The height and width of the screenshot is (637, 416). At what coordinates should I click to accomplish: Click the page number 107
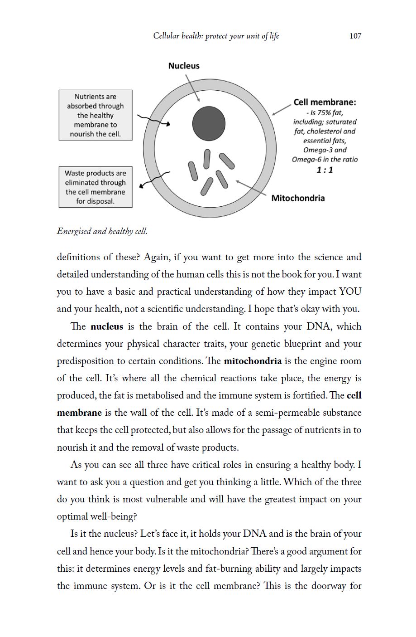[355, 36]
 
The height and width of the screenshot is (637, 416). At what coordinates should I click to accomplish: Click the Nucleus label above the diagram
[183, 66]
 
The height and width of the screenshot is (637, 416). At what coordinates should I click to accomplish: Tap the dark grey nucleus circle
[209, 123]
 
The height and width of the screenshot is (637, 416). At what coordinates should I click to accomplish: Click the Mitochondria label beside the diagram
[298, 198]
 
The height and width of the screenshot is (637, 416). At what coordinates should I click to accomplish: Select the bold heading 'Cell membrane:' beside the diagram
[325, 102]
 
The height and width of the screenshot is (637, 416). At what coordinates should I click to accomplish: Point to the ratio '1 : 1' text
[325, 170]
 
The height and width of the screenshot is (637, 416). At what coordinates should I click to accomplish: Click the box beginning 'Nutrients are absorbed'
[96, 115]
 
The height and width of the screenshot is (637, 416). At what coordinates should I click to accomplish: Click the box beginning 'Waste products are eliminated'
[96, 187]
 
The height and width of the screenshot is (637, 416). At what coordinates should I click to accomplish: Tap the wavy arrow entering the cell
[153, 121]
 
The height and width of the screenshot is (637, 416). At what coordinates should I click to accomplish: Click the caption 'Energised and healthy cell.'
[102, 231]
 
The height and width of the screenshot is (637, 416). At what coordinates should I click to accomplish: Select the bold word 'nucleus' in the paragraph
[107, 326]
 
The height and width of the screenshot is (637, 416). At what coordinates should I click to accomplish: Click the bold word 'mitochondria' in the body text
[253, 361]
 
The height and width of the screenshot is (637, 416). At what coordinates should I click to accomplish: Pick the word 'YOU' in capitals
[350, 292]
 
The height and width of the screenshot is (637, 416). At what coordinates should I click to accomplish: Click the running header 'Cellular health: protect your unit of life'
[216, 36]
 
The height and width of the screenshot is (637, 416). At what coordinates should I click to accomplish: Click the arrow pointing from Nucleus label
[192, 88]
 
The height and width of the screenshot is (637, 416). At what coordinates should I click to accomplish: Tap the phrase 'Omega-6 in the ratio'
[325, 160]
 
